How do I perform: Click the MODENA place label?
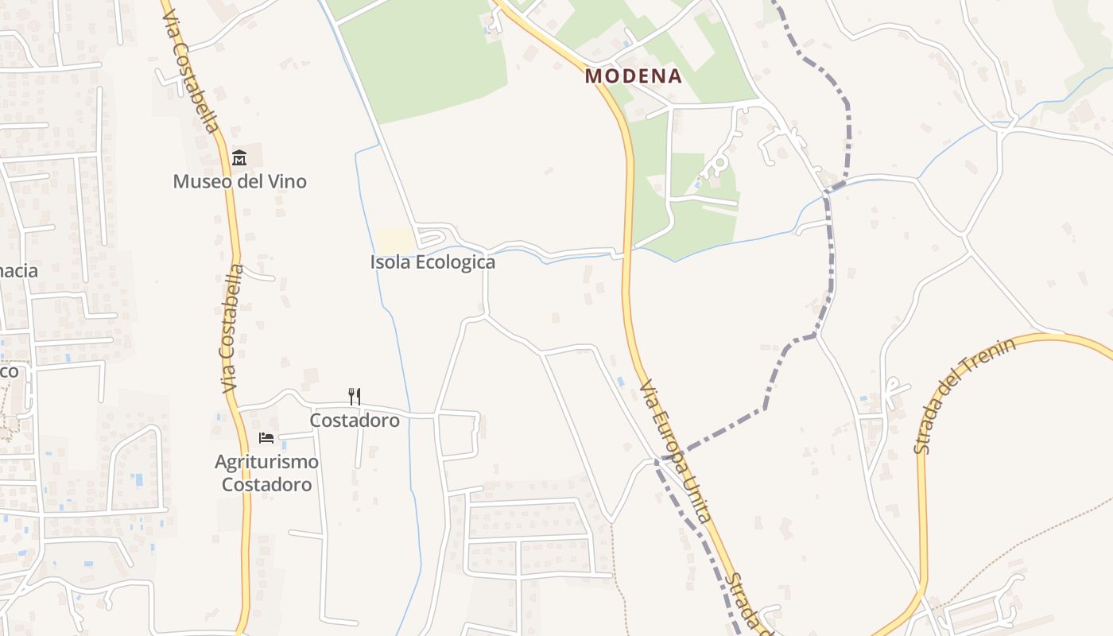[x=634, y=76]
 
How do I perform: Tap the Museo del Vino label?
[x=239, y=181]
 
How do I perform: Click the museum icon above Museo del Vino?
[x=238, y=158]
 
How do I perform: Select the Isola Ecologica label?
[x=432, y=262]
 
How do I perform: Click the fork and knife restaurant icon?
[x=355, y=396]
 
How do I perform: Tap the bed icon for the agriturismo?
[x=266, y=438]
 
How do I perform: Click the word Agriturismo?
[x=266, y=462]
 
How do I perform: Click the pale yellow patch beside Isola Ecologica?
[x=395, y=240]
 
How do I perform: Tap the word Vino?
[x=287, y=181]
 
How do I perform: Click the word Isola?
[x=389, y=262]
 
